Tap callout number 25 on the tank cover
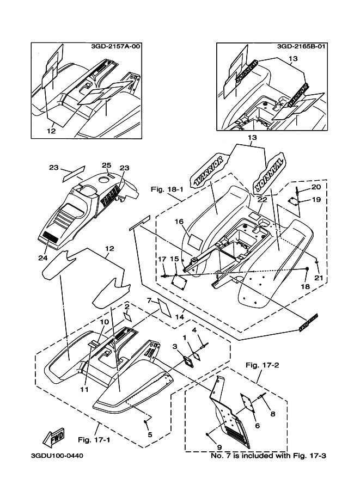106,165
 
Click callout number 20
316,187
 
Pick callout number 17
162,259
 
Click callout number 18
306,286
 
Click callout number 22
262,200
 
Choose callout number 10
103,322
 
